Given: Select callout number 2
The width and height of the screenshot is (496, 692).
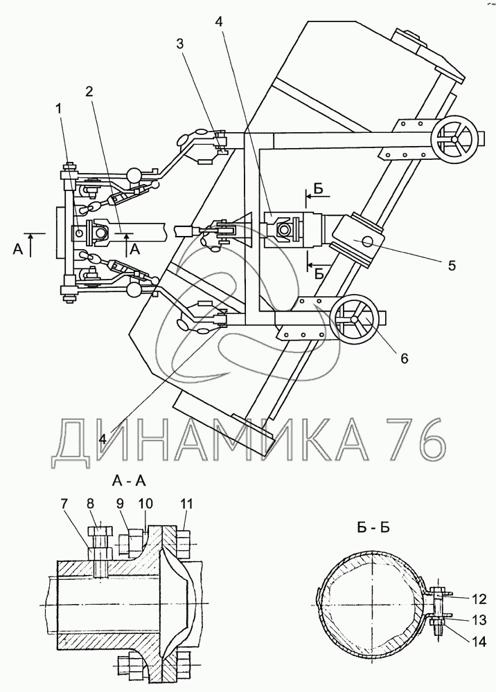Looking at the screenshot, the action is point(89,91).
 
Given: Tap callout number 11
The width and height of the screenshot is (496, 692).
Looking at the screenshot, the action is point(186,504).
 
